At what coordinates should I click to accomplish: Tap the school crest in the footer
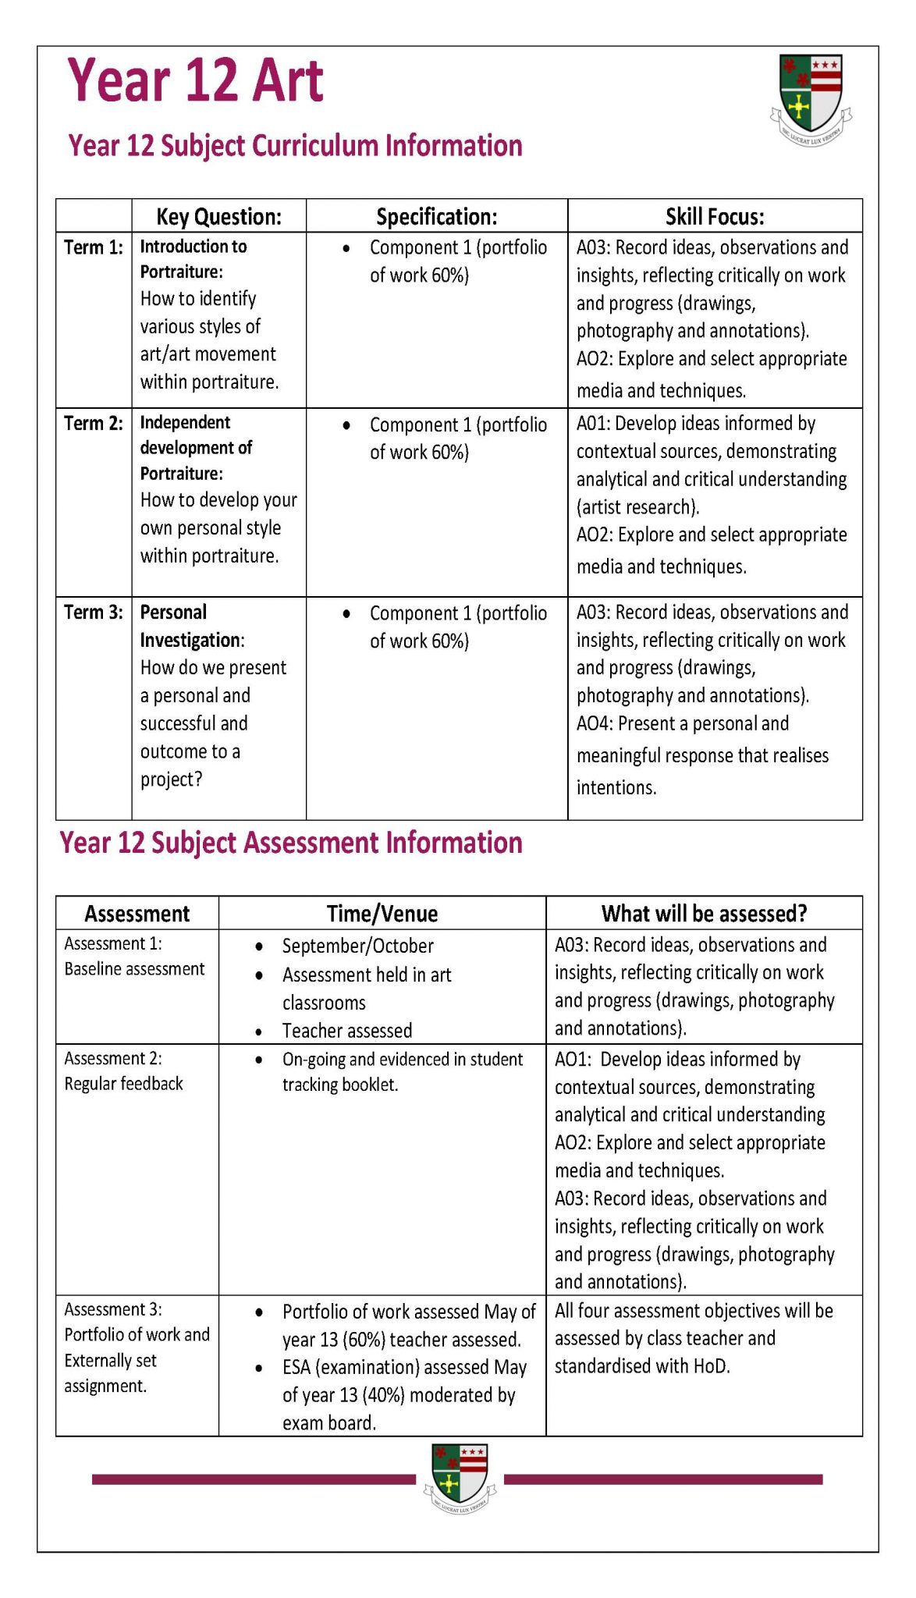(x=460, y=1478)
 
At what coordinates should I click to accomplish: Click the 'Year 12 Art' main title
(x=195, y=80)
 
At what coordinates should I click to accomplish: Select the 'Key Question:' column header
(x=218, y=216)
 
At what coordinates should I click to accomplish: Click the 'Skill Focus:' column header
(x=714, y=216)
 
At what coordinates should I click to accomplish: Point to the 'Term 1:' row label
(x=94, y=247)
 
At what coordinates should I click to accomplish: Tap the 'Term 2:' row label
(x=94, y=424)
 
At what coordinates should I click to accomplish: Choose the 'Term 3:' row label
(x=94, y=613)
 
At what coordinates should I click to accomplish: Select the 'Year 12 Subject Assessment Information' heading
(x=291, y=843)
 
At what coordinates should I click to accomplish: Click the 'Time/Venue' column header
(x=382, y=914)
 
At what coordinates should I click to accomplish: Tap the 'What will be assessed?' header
(x=704, y=914)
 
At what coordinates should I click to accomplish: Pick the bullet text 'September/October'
(x=357, y=946)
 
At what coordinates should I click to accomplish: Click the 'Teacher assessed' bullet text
(x=346, y=1031)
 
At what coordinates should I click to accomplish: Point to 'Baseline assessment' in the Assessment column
(x=134, y=969)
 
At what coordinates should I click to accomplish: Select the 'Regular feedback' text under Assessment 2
(x=123, y=1084)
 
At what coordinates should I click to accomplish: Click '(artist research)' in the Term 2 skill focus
(x=637, y=508)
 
